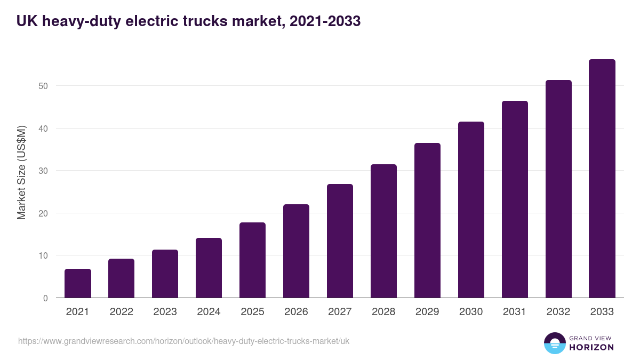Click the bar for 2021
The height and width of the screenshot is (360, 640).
click(78, 283)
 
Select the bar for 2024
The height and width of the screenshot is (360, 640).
click(209, 268)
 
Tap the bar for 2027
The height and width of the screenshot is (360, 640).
click(340, 241)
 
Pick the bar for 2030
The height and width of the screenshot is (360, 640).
click(471, 210)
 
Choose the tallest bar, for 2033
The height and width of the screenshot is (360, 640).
click(602, 179)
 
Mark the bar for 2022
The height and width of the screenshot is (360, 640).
click(122, 278)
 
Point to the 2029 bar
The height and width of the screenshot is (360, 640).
click(427, 220)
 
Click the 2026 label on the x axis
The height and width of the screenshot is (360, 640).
click(296, 312)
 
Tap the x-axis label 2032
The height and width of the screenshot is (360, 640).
click(558, 312)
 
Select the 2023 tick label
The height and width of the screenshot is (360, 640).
click(165, 312)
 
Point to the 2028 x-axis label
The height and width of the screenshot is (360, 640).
click(383, 312)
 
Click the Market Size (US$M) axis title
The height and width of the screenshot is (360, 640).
click(21, 172)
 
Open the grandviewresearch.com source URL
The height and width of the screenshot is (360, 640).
click(184, 341)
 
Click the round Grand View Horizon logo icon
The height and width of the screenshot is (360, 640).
click(555, 343)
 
